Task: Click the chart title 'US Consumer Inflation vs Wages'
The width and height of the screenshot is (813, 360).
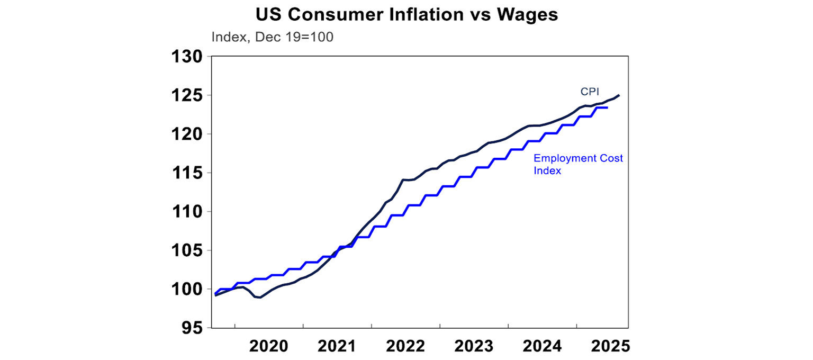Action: click(406, 15)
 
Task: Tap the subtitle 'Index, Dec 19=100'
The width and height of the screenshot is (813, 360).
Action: click(272, 38)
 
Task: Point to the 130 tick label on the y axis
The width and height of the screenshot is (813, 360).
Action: click(187, 57)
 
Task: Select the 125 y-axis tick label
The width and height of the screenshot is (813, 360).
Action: click(187, 96)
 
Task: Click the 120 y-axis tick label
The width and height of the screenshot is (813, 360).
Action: click(187, 134)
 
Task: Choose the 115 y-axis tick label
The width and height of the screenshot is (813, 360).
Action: click(187, 173)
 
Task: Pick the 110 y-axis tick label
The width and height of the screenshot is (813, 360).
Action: click(187, 212)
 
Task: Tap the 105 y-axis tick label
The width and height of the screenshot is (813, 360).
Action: click(187, 250)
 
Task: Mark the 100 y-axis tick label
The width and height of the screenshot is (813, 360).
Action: click(187, 290)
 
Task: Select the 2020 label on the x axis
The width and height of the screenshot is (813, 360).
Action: click(268, 346)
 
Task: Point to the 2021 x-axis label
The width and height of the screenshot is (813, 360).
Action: click(337, 346)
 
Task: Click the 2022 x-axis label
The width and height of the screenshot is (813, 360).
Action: click(405, 346)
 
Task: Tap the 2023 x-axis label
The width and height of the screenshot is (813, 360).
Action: click(474, 346)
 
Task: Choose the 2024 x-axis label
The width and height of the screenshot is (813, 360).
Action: click(543, 346)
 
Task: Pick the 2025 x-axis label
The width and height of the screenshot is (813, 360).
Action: click(611, 346)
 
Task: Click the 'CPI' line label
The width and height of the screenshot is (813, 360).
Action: click(590, 92)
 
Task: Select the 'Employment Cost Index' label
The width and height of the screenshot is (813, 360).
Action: click(578, 164)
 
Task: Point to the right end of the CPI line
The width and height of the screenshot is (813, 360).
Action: click(619, 95)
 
